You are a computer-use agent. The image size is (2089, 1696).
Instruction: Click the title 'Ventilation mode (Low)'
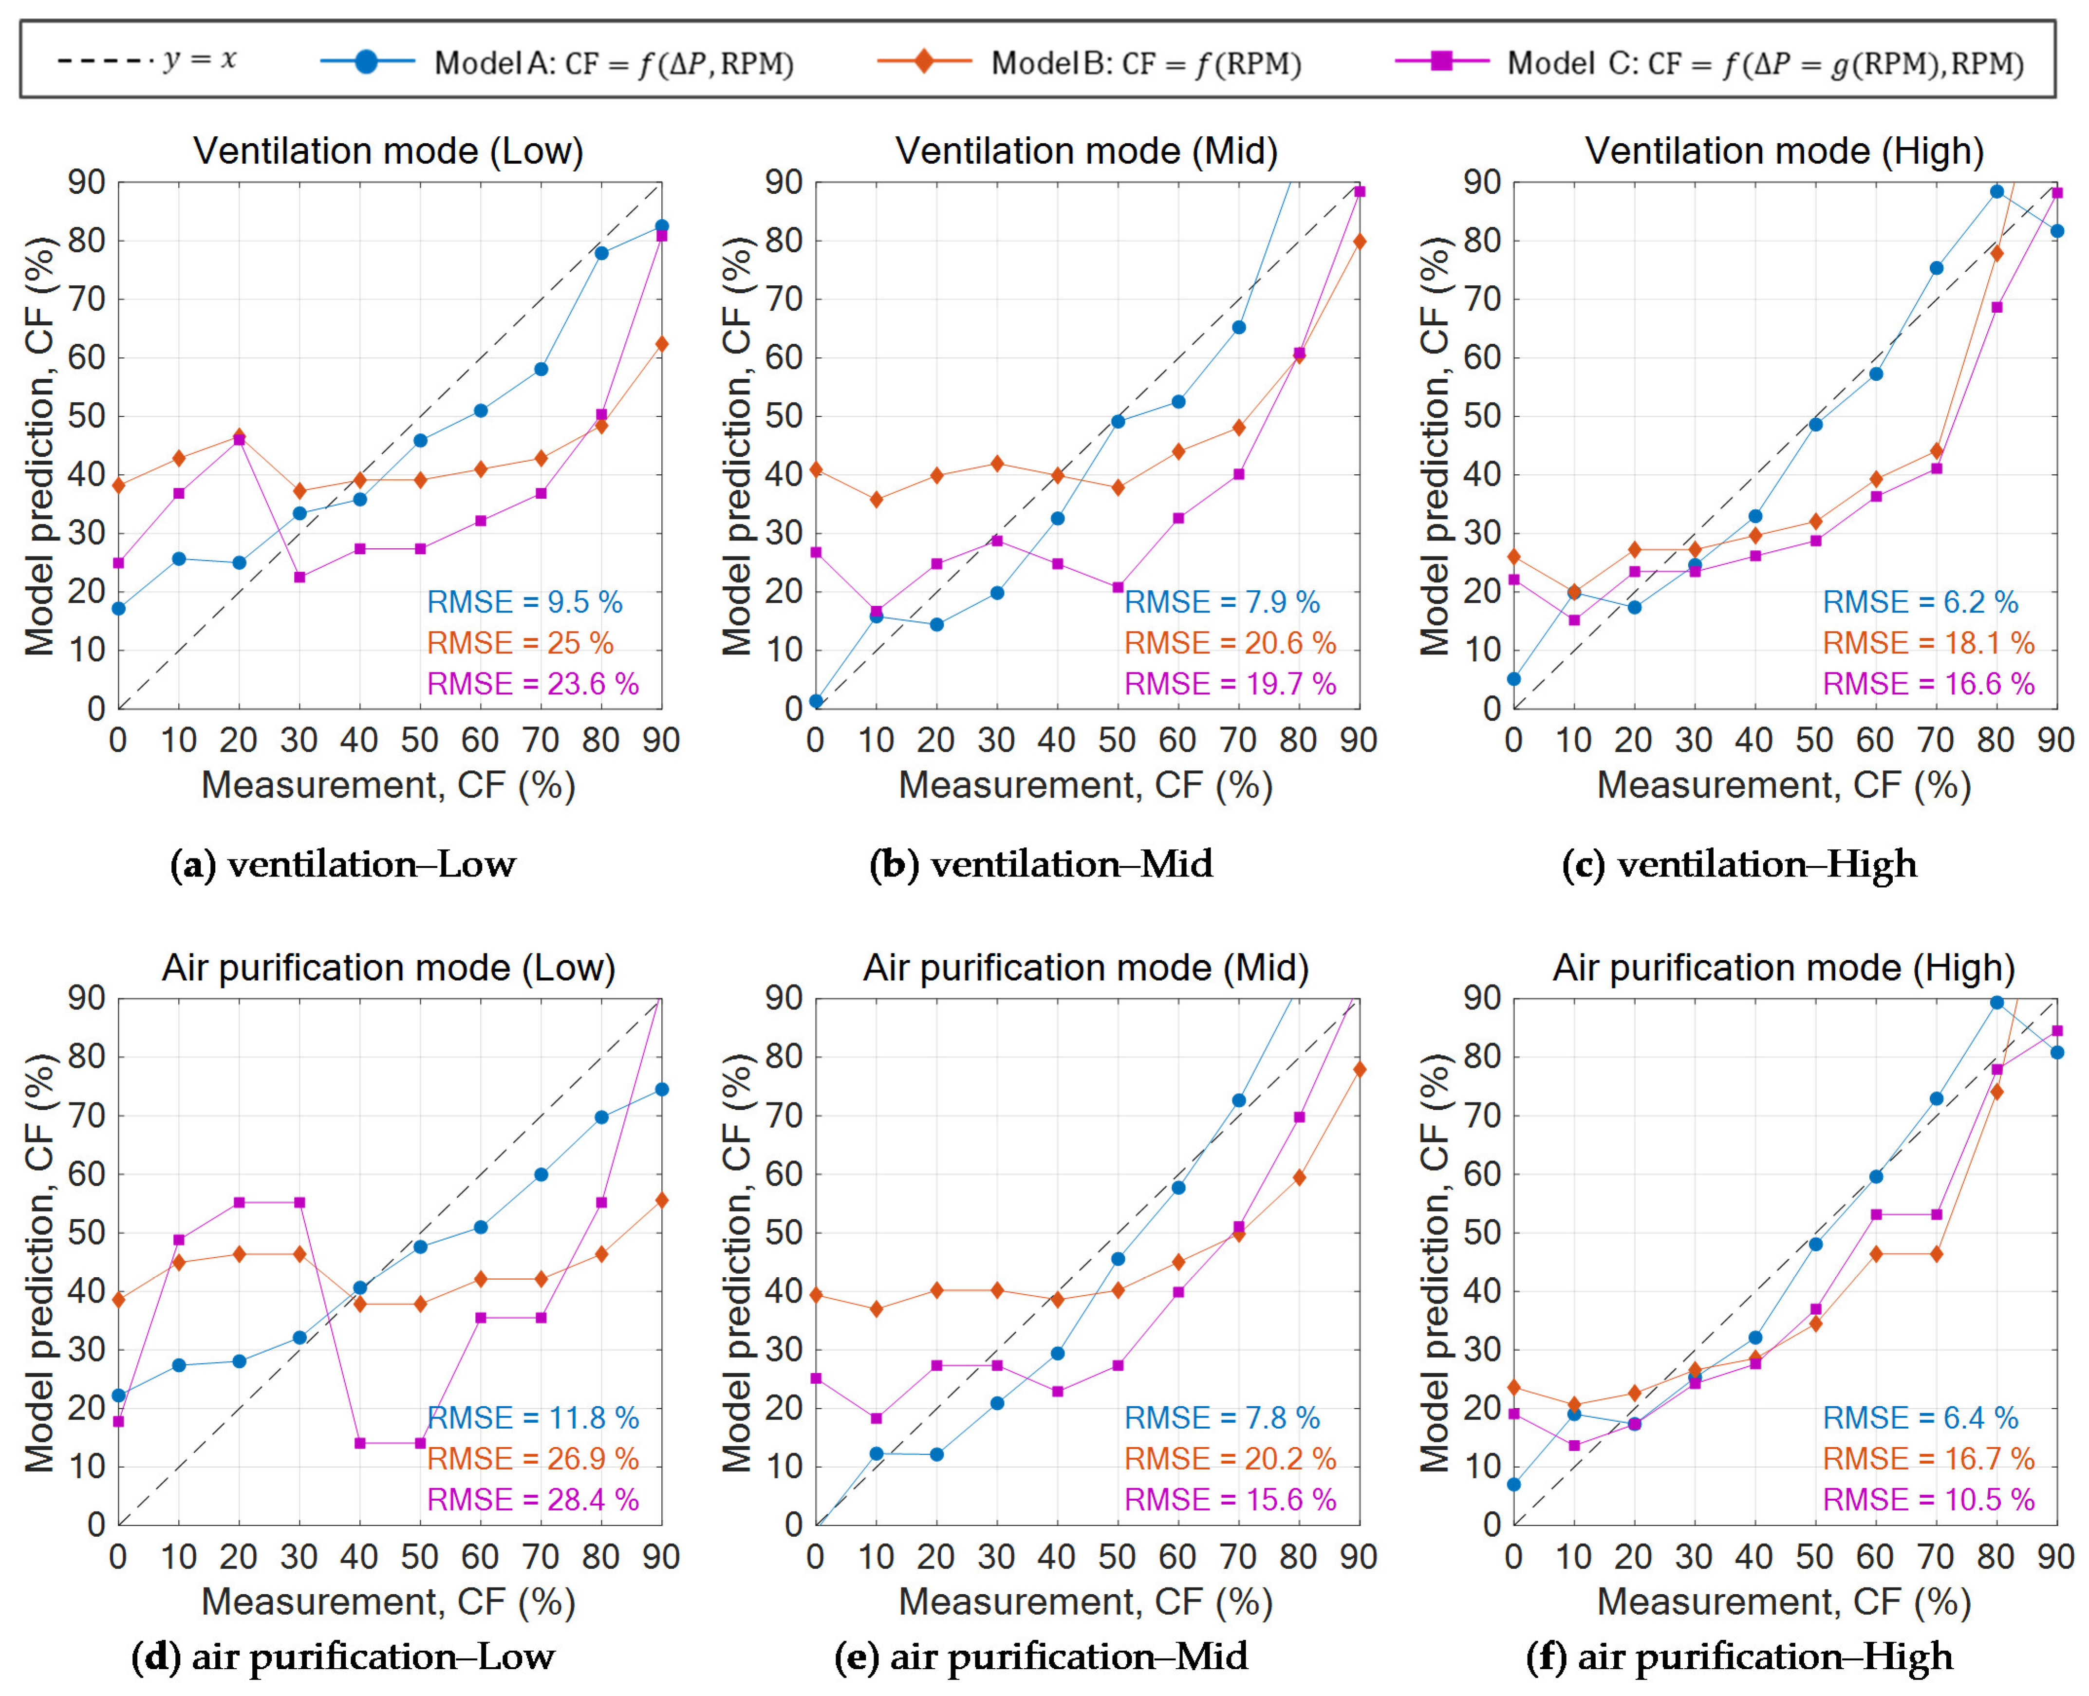[x=388, y=151]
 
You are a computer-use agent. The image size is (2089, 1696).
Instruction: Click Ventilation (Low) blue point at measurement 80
[x=601, y=253]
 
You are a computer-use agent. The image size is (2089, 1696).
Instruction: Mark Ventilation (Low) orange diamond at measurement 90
[x=661, y=344]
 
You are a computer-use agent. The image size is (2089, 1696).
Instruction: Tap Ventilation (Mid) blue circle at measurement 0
[x=816, y=702]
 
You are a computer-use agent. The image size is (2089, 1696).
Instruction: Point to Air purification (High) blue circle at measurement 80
[x=1996, y=1003]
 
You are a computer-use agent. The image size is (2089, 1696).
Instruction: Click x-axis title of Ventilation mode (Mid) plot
[x=1085, y=785]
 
